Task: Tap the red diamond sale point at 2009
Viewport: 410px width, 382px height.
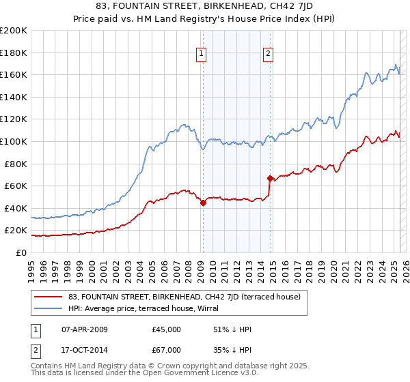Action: (x=203, y=203)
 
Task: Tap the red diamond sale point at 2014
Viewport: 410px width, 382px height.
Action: (x=271, y=178)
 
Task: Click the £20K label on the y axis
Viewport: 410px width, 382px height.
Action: (x=16, y=231)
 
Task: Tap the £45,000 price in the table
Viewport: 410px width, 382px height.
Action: (x=167, y=329)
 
